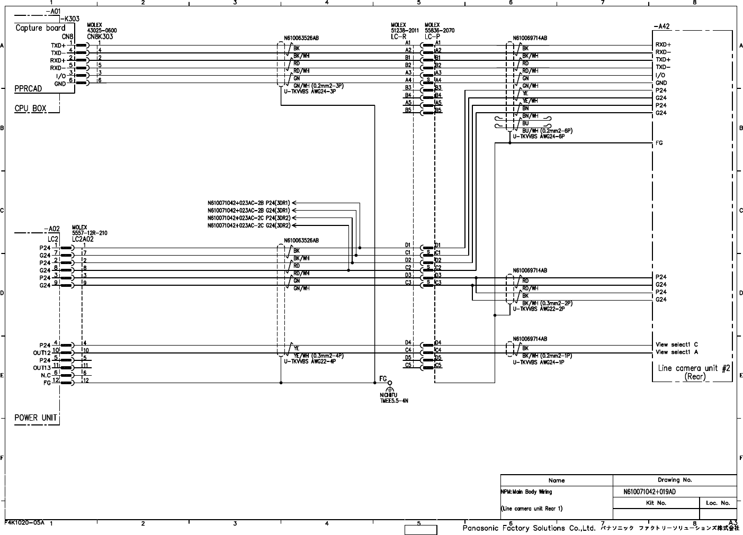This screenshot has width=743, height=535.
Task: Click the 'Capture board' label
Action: (x=40, y=28)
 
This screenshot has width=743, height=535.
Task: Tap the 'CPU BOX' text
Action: (x=30, y=108)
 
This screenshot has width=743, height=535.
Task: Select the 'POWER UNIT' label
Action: (x=35, y=418)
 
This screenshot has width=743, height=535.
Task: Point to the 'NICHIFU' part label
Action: (x=389, y=395)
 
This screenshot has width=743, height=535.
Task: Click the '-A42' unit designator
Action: (x=661, y=26)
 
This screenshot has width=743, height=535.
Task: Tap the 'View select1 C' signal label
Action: (x=677, y=344)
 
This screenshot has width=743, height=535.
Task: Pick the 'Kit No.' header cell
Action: (x=657, y=503)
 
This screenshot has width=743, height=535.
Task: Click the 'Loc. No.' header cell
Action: (x=718, y=503)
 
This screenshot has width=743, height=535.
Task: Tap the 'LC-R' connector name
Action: (x=399, y=37)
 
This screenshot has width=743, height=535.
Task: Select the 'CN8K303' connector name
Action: (x=100, y=37)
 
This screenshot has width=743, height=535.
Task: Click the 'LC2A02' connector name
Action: (x=83, y=239)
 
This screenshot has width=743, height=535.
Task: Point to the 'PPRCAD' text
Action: (x=28, y=89)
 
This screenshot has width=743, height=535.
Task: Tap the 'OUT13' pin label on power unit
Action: (x=42, y=368)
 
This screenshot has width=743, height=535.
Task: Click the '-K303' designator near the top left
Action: (x=69, y=19)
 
